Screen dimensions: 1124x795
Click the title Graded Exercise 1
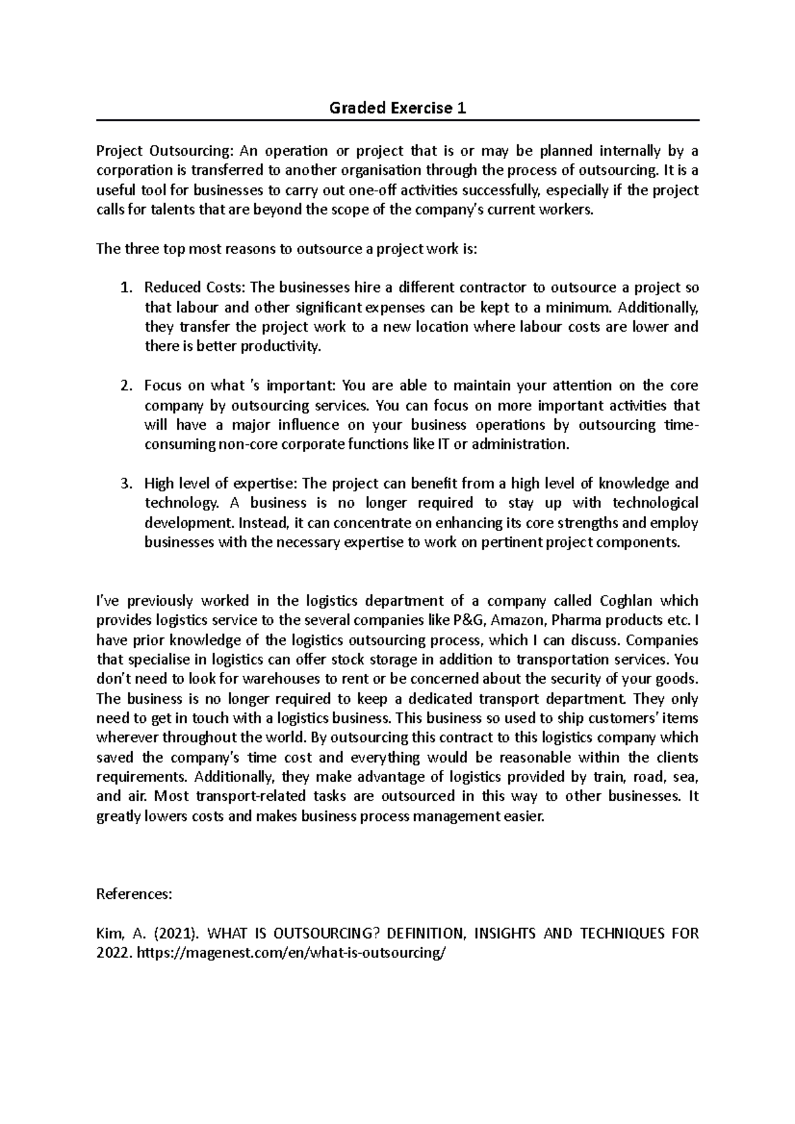[397, 109]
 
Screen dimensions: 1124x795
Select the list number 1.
[126, 288]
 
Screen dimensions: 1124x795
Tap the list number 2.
[126, 386]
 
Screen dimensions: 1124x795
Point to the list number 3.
[126, 484]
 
